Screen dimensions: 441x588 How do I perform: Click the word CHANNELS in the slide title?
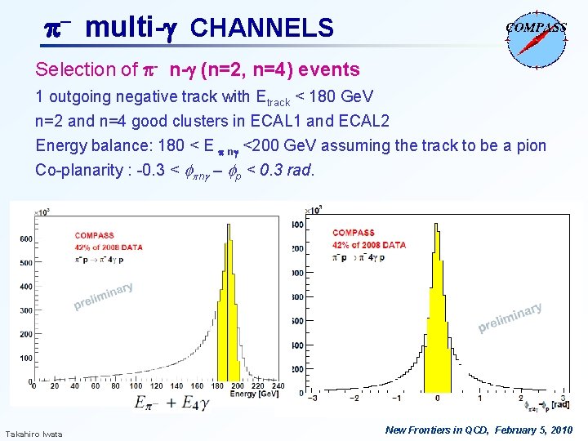coord(261,29)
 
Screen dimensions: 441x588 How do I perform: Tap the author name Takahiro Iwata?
coord(33,433)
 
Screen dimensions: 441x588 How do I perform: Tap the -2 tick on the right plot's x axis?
coord(354,399)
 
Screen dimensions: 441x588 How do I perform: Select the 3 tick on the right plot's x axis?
coord(563,399)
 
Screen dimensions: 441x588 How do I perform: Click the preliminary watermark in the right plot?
coord(510,319)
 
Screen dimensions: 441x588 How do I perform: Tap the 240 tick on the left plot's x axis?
coord(278,385)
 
